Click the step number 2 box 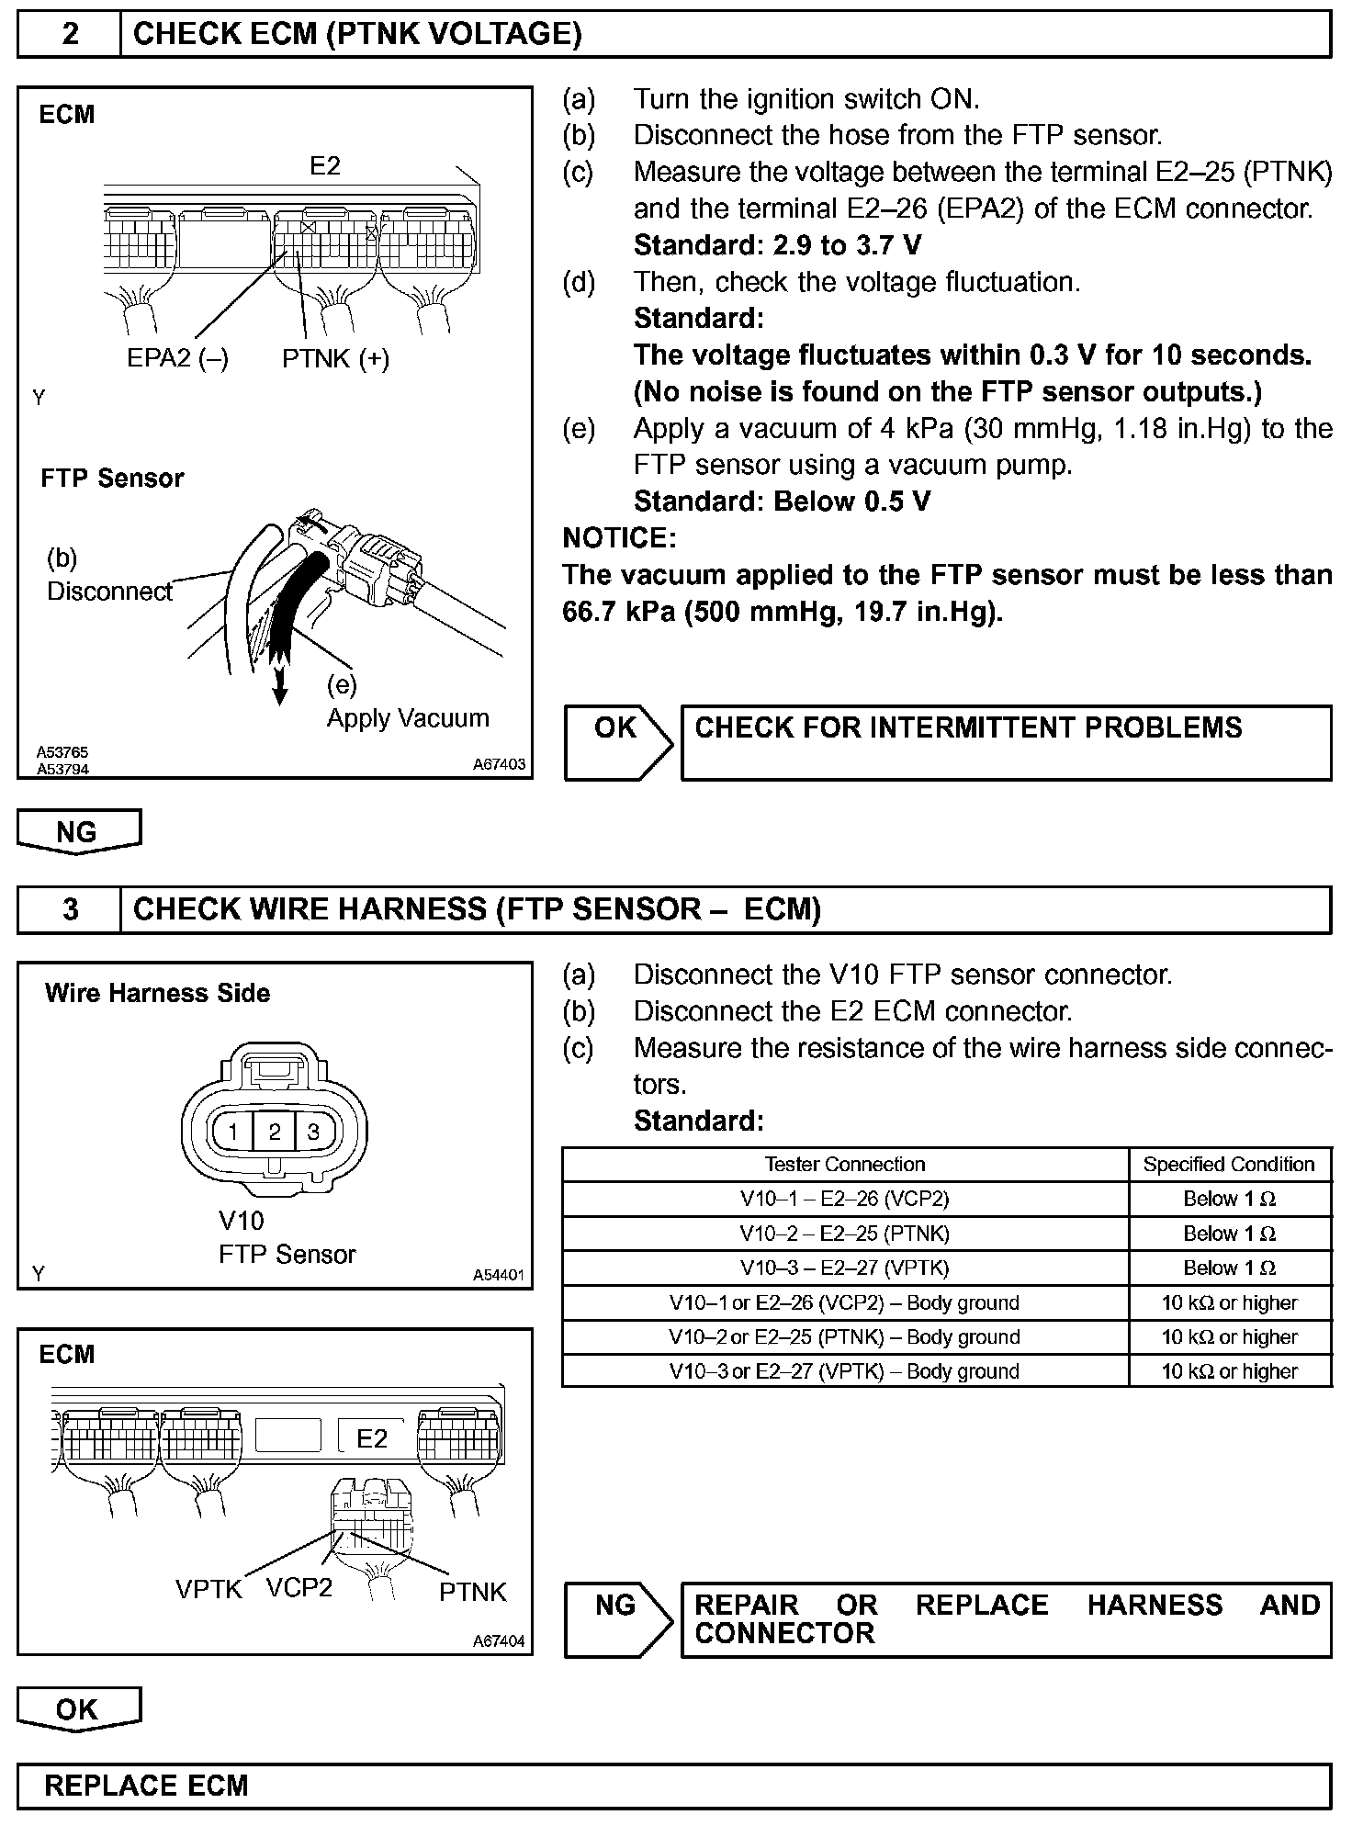(x=70, y=35)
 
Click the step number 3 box (x=70, y=909)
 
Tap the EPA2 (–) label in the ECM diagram (x=177, y=358)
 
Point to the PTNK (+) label (x=335, y=358)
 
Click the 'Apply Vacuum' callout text (x=408, y=717)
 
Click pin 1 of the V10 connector (x=234, y=1132)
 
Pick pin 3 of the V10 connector (x=313, y=1132)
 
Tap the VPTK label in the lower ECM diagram (x=208, y=1589)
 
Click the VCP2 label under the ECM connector (x=299, y=1587)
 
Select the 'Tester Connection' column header (x=845, y=1165)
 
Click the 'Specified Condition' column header (x=1229, y=1165)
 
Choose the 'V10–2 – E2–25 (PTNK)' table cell (x=845, y=1234)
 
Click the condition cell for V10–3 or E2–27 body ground (x=1229, y=1371)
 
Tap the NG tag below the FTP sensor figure (x=77, y=831)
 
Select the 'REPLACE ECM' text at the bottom (x=147, y=1786)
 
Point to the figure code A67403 (x=500, y=764)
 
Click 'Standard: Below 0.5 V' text (x=782, y=502)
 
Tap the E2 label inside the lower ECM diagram (x=372, y=1438)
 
